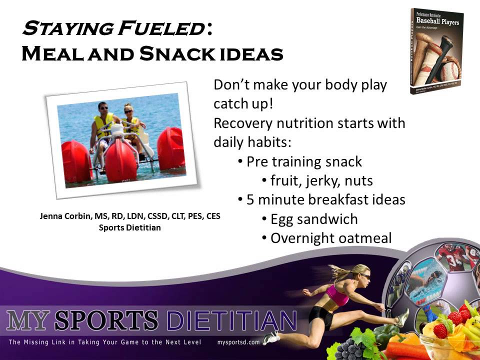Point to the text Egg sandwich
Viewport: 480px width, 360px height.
click(x=314, y=219)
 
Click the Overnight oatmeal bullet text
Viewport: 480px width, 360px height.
click(x=330, y=238)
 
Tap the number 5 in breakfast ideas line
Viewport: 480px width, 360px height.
click(x=250, y=200)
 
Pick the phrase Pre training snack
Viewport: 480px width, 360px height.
click(x=304, y=162)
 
